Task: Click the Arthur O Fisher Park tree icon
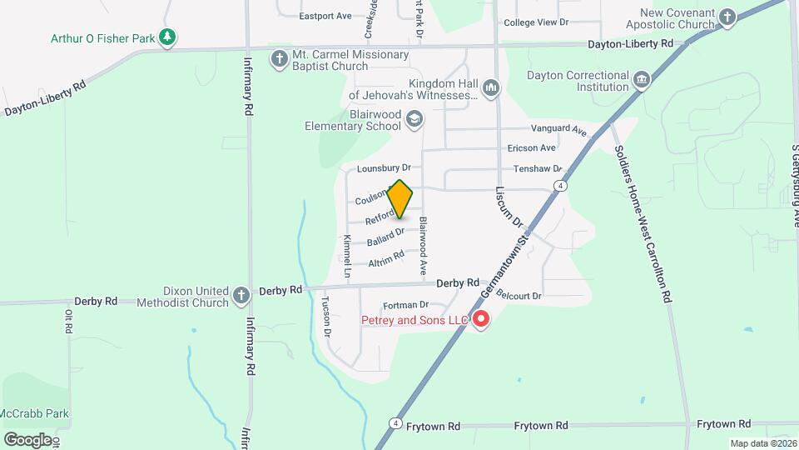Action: pyautogui.click(x=168, y=37)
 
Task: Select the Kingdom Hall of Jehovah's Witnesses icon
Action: pyautogui.click(x=491, y=87)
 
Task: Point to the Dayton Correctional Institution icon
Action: pyautogui.click(x=641, y=80)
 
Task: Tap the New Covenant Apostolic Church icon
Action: pyautogui.click(x=727, y=17)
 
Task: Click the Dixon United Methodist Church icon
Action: pyautogui.click(x=241, y=296)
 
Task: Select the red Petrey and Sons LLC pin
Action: pyautogui.click(x=481, y=320)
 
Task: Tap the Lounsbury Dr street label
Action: pyautogui.click(x=384, y=168)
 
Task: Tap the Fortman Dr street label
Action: pyautogui.click(x=405, y=305)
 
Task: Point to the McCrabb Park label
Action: pyautogui.click(x=35, y=413)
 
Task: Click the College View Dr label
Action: pyautogui.click(x=536, y=22)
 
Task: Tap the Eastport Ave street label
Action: pyautogui.click(x=325, y=16)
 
